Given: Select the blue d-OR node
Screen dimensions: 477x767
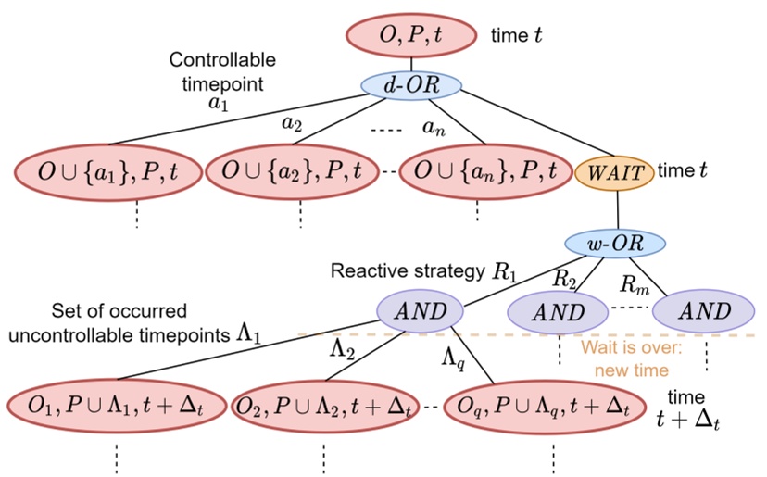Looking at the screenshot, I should pyautogui.click(x=410, y=86).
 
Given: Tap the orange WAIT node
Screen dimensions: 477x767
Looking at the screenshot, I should pyautogui.click(x=615, y=171).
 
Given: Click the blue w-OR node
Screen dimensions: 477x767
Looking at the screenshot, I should pyautogui.click(x=616, y=245).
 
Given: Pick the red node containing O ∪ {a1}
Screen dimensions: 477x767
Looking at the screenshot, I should pyautogui.click(x=105, y=171).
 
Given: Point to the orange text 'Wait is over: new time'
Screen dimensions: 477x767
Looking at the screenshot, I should pyautogui.click(x=626, y=359).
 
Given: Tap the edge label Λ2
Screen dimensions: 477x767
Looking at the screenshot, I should pyautogui.click(x=343, y=347).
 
